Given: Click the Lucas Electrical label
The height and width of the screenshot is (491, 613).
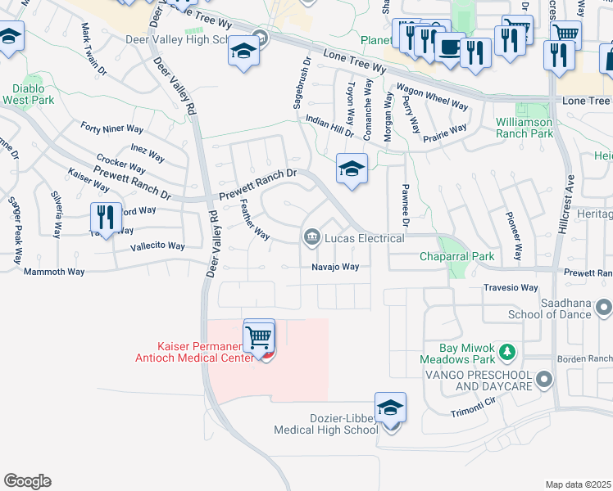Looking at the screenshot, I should pos(365,238).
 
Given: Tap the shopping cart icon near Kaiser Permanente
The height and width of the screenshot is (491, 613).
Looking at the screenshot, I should pos(259,336).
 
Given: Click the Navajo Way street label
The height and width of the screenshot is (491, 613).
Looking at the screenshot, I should pos(335,267).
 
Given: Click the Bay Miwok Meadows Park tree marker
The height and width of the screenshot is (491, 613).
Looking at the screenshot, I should pos(508,352).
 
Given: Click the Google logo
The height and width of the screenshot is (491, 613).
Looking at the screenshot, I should pos(26,481).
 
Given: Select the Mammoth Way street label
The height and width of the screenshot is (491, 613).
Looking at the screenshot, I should pos(54,272).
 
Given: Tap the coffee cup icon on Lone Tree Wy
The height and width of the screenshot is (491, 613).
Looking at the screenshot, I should pos(449,47).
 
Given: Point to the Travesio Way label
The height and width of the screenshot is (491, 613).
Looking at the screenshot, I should pos(511,288).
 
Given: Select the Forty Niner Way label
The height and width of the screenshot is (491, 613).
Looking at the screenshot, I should pos(112,128).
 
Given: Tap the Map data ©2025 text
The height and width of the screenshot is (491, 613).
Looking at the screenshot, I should pos(578,484).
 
